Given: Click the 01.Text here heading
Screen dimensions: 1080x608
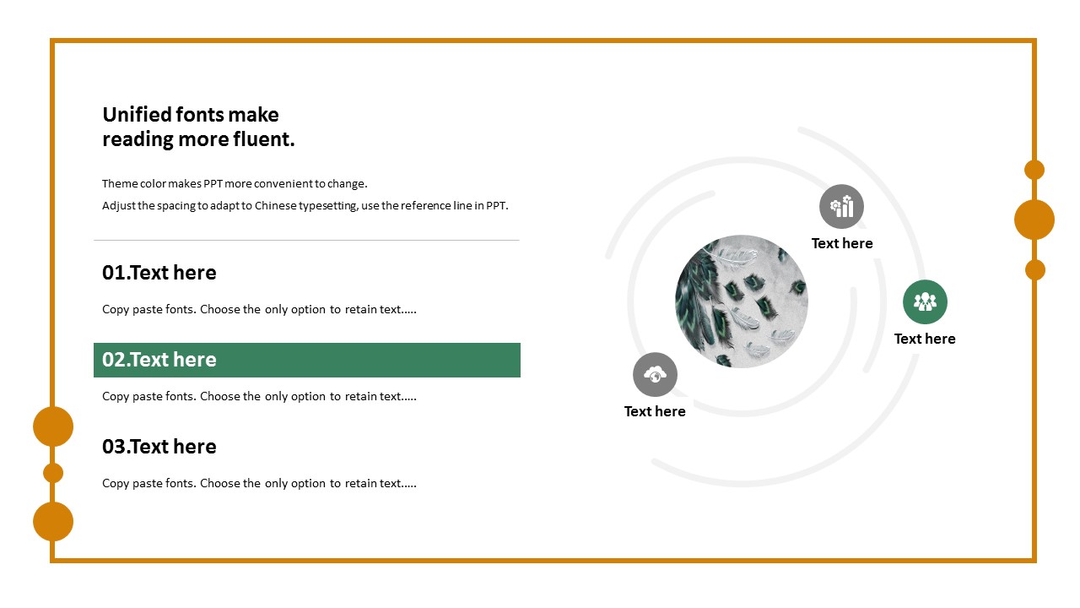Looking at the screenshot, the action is coord(159,273).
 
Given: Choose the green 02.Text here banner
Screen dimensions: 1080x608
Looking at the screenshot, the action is coord(307,360).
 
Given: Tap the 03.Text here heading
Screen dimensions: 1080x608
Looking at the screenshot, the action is coord(159,447).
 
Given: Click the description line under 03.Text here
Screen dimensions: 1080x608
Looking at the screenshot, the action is coord(259,484).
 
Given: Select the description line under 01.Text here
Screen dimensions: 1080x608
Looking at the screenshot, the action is coord(259,309).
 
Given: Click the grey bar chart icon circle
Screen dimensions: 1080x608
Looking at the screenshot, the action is coord(841,207).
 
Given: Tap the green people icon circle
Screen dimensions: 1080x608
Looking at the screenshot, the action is coord(925,302).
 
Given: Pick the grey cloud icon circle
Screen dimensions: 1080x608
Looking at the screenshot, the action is coord(655,374).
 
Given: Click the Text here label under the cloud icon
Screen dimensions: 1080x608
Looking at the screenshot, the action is coord(655,411).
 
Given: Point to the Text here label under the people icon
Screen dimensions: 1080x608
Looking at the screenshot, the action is coord(925,339).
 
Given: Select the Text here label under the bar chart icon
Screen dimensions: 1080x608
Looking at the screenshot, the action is coord(842,243).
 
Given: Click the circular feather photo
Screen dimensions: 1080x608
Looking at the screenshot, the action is coord(742,301).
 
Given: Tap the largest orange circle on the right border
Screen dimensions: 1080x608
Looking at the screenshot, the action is coord(1034,220).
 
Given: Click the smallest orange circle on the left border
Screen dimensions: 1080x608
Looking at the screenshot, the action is coord(53,473).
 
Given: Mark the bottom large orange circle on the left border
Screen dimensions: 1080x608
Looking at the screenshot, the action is coord(53,522).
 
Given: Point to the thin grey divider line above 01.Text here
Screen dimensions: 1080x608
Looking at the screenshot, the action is coord(306,240).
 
